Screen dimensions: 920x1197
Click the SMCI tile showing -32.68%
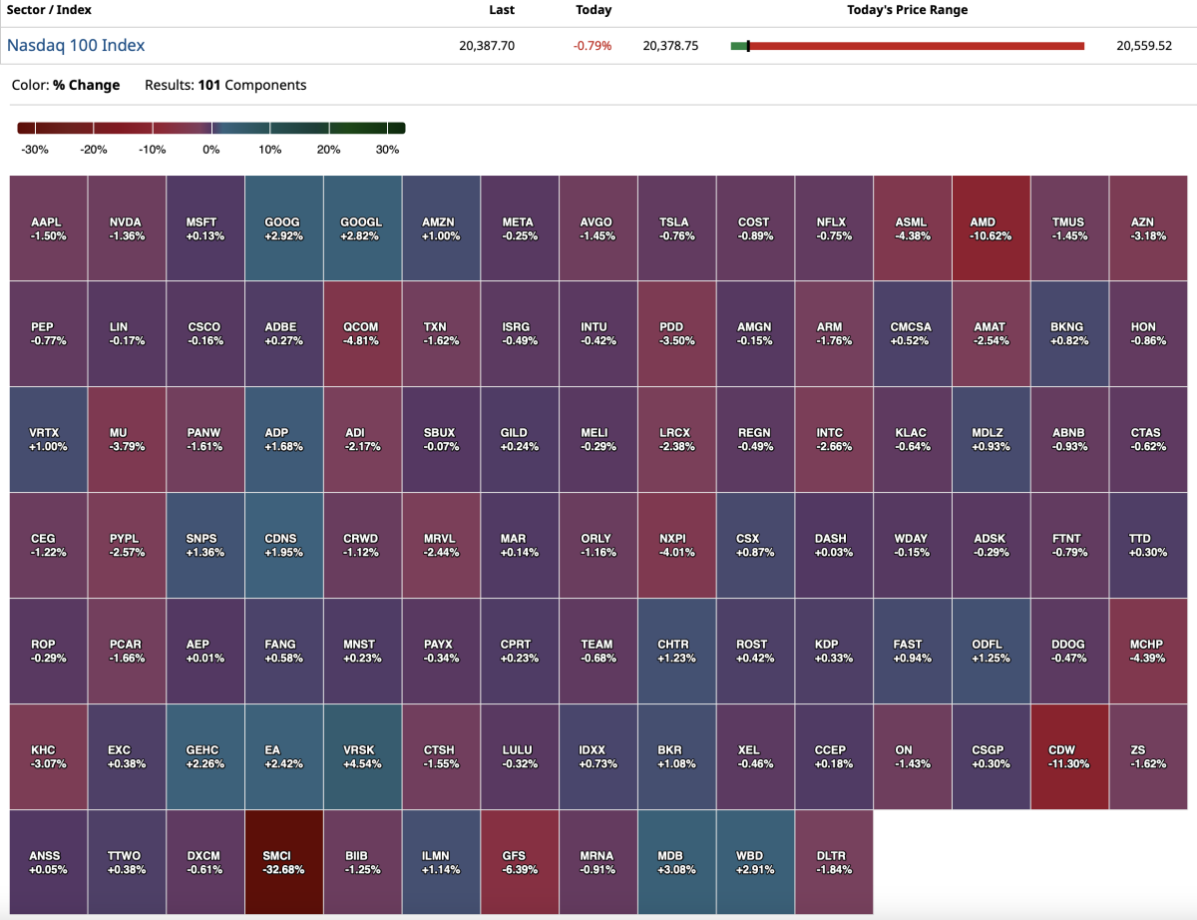click(283, 862)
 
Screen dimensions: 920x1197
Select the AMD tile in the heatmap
click(991, 229)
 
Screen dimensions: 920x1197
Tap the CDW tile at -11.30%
click(1068, 756)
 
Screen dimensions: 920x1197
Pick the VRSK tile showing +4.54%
click(362, 756)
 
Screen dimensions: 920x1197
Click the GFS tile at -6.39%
click(520, 862)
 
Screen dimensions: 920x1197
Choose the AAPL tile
click(48, 229)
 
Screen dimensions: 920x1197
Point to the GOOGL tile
click(362, 229)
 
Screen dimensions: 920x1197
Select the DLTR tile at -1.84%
click(833, 862)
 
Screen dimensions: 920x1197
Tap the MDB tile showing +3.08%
click(676, 862)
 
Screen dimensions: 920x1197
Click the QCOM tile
click(362, 333)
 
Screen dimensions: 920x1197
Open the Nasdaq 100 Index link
click(76, 45)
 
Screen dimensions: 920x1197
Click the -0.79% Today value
click(593, 46)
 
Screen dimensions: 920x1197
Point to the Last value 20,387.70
click(487, 46)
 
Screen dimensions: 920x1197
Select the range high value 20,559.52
click(1143, 46)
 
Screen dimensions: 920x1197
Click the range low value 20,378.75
click(670, 46)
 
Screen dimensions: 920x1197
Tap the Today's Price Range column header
click(907, 10)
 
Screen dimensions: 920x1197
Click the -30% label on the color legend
click(35, 150)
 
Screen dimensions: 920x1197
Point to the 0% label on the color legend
click(211, 150)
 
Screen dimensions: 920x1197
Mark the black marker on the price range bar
click(748, 46)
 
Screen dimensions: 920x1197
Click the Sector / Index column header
click(49, 10)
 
